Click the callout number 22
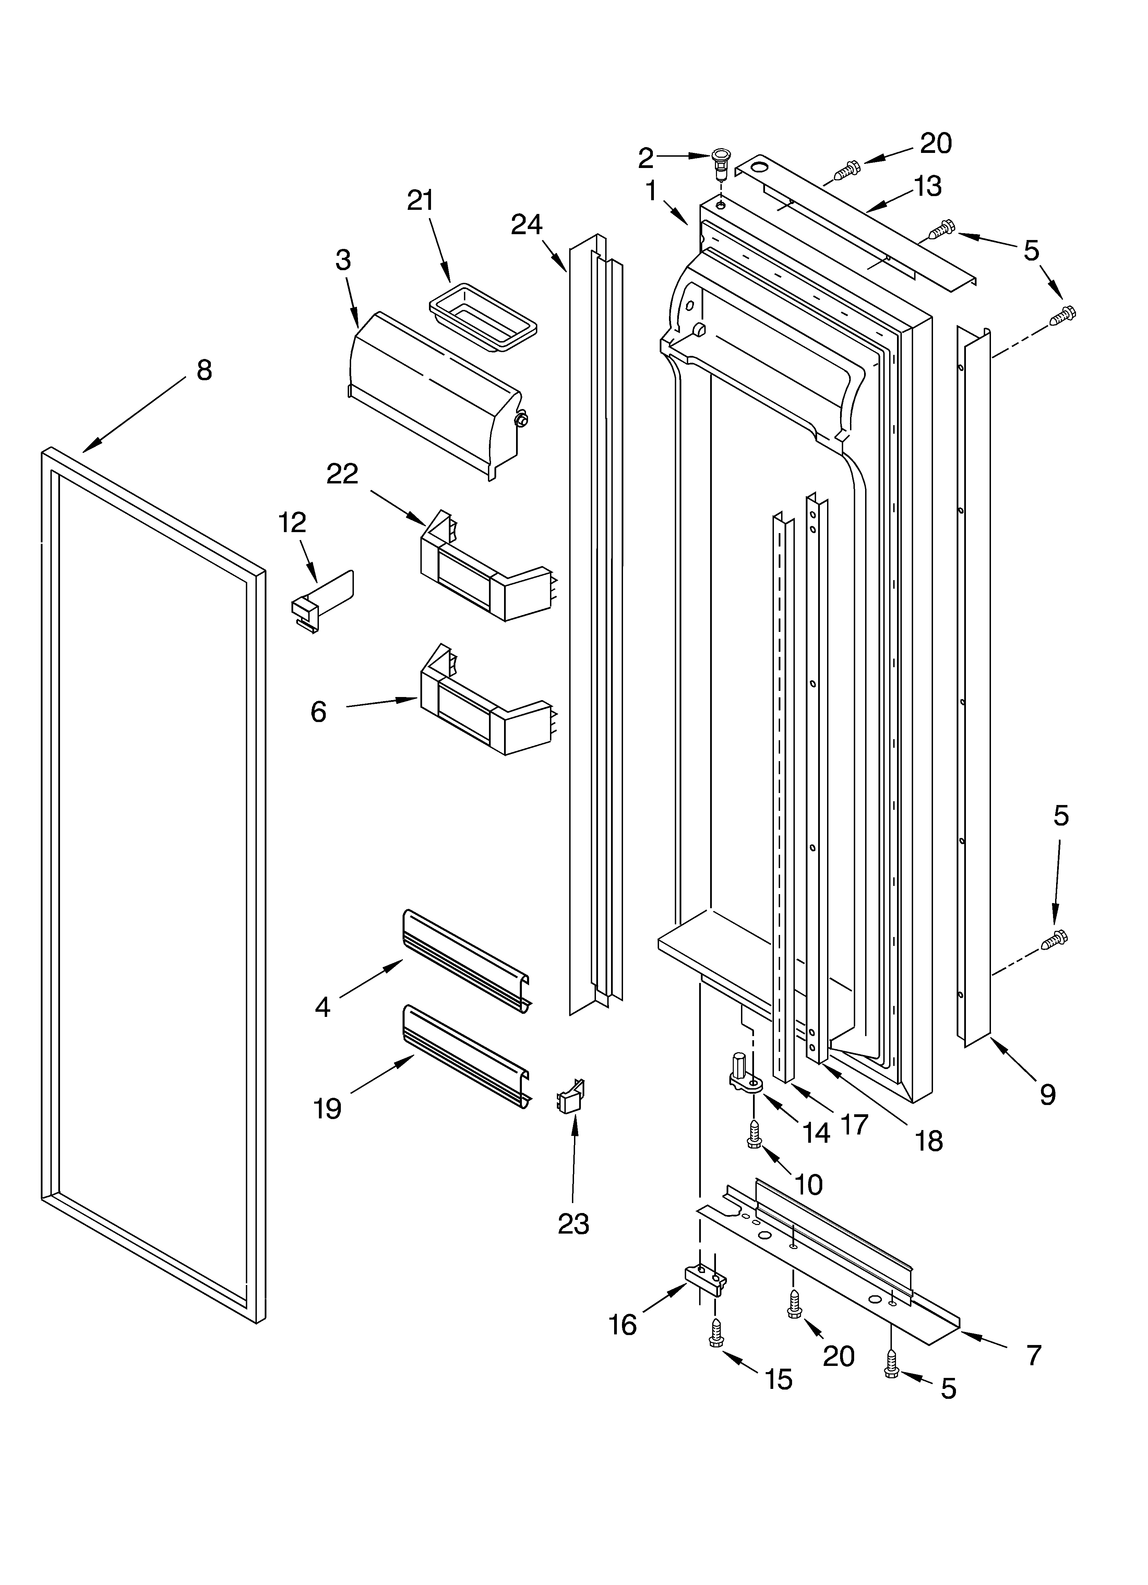point(343,474)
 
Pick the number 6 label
point(318,712)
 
